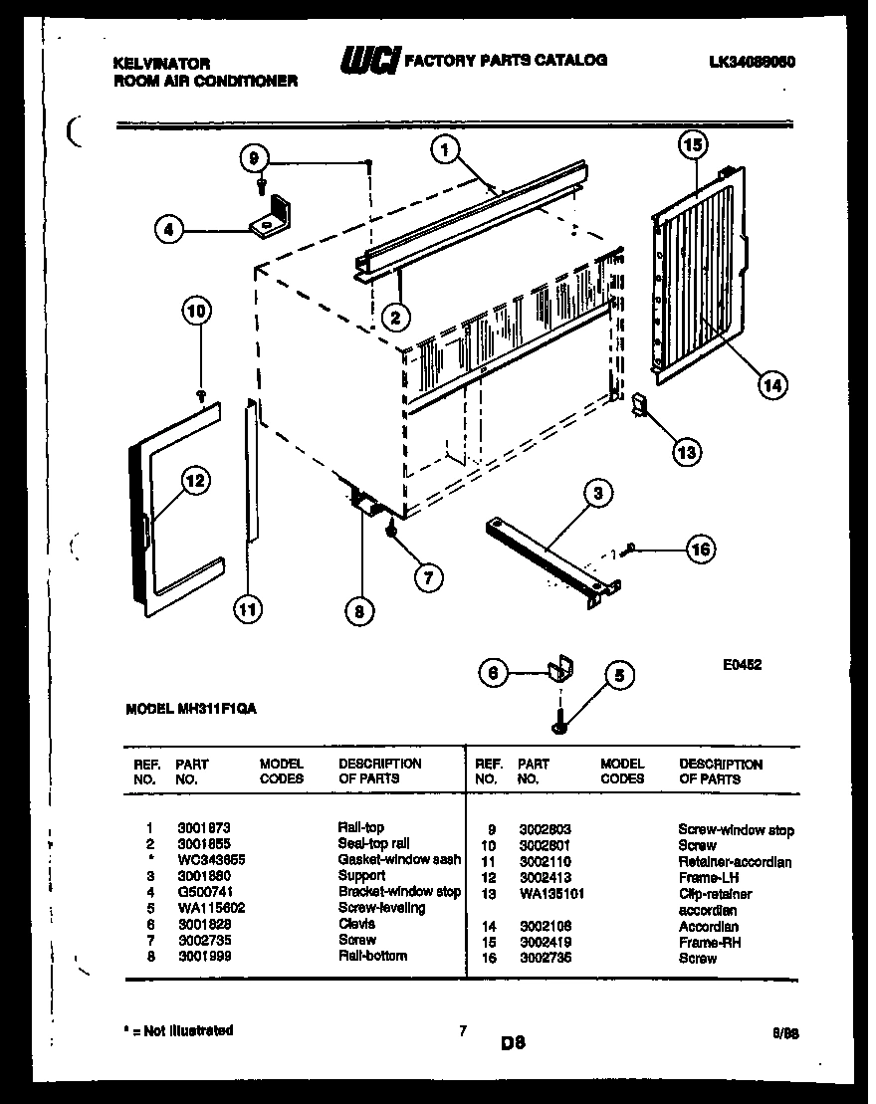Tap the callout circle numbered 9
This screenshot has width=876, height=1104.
255,156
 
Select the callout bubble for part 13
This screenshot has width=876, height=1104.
685,452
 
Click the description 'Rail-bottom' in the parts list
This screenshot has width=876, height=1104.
371,956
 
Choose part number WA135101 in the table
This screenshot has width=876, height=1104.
551,894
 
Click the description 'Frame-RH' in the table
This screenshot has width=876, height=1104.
709,942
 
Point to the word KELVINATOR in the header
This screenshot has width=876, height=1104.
161,63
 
